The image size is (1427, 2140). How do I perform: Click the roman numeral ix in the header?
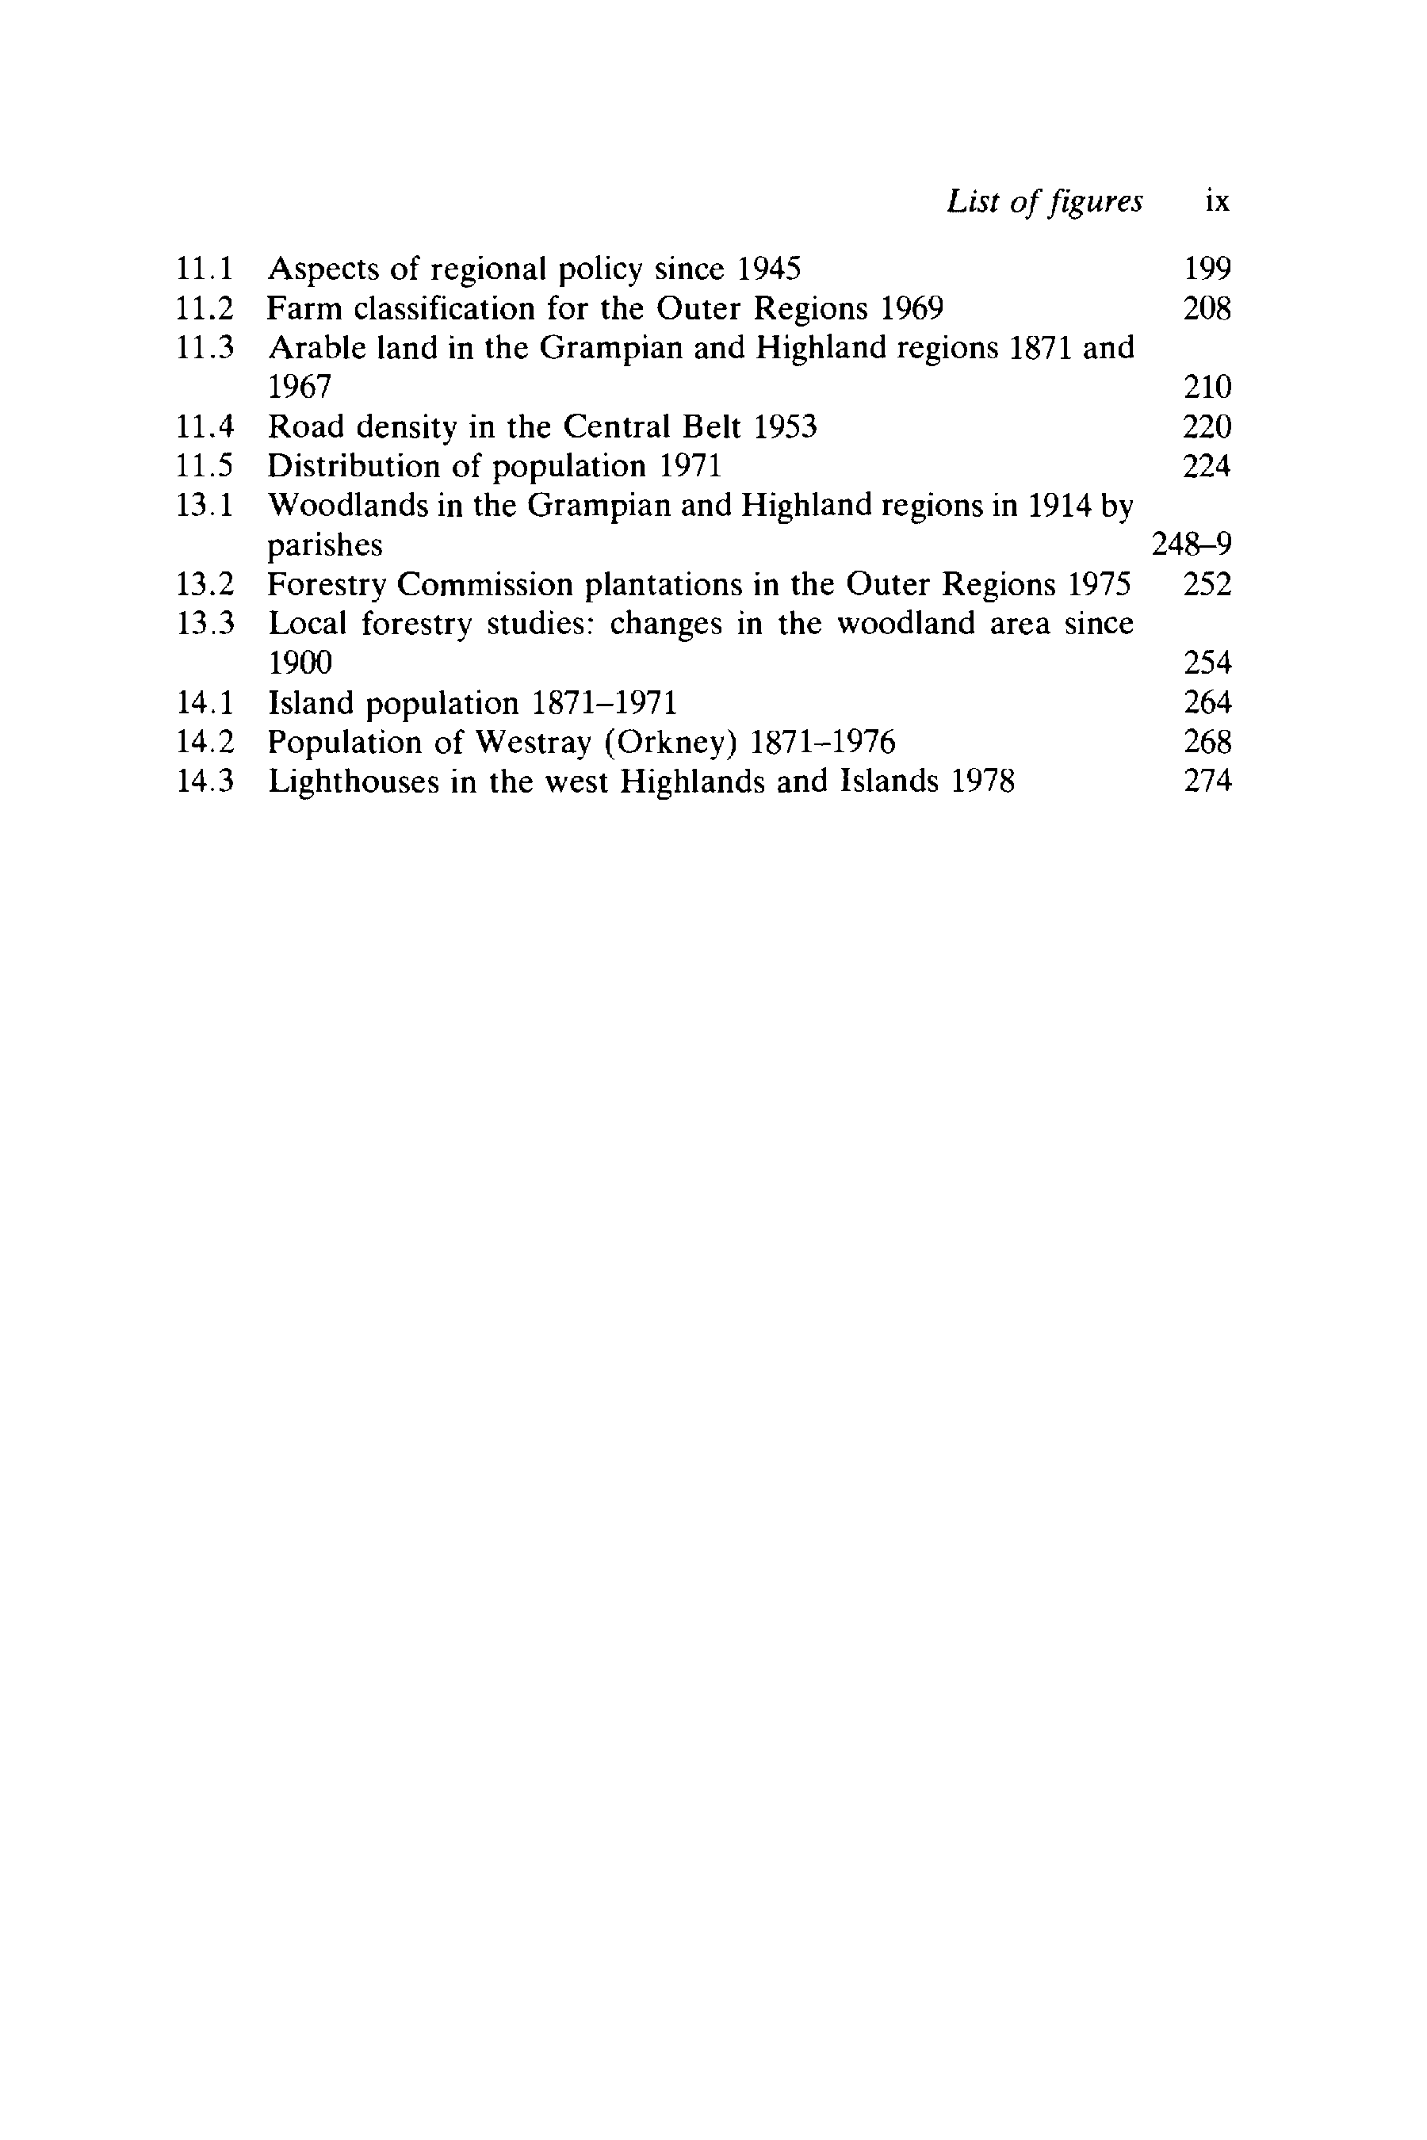tap(1217, 201)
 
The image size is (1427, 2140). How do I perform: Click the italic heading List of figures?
tap(1044, 201)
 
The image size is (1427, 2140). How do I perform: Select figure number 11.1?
tap(205, 269)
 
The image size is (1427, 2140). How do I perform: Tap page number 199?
tap(1207, 269)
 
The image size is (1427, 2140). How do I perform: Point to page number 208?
tap(1207, 309)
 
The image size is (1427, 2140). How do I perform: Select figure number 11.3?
tap(205, 348)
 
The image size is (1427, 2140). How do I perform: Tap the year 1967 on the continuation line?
tap(300, 388)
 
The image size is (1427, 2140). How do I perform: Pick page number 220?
tap(1207, 426)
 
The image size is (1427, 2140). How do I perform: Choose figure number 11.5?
tap(205, 467)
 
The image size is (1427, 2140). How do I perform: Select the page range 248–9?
tap(1192, 545)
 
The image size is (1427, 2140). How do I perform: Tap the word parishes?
tap(325, 546)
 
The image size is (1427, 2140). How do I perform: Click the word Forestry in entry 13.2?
tap(327, 585)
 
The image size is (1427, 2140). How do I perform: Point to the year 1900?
tap(300, 663)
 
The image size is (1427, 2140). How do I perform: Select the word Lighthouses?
tap(353, 781)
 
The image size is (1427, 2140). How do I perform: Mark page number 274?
tap(1207, 781)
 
